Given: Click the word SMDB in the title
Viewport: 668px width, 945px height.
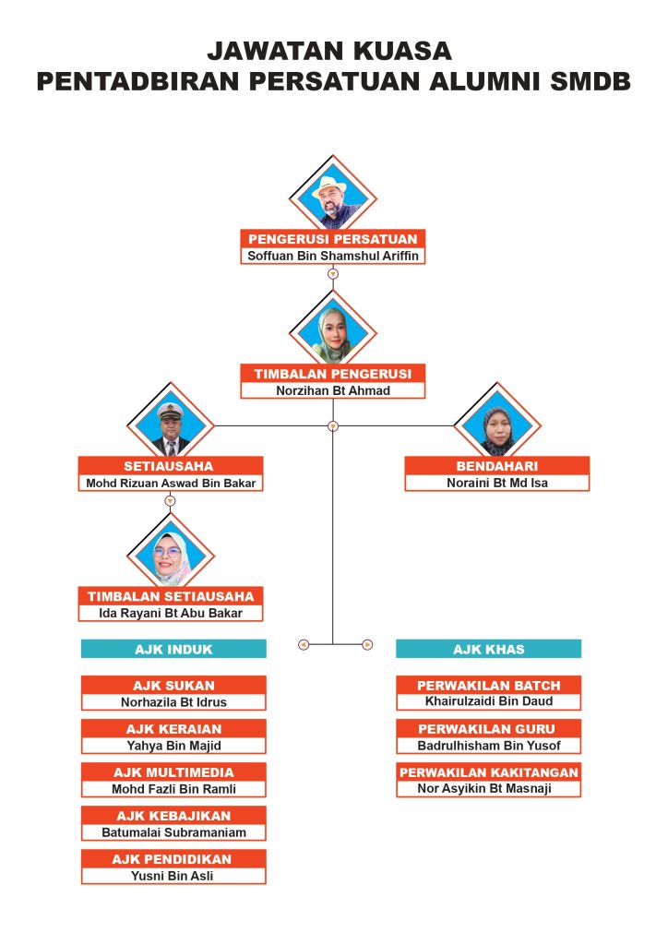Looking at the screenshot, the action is pos(590,81).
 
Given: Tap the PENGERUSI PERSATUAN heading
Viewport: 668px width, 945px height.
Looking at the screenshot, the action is pos(333,239).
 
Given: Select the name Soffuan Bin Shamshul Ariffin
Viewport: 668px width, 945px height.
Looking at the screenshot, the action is pos(333,256).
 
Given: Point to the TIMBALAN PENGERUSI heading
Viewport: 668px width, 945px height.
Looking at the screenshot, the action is pos(333,374).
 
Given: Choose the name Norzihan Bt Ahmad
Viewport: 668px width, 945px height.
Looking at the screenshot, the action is pos(333,390).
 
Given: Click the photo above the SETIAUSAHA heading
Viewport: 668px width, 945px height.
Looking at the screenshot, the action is pos(171,425).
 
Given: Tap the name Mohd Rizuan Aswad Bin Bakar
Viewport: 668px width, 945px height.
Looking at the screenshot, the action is pos(171,483).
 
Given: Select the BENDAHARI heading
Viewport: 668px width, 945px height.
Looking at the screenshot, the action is pos(497,466).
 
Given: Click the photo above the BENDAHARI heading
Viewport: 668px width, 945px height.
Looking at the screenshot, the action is pos(497,425).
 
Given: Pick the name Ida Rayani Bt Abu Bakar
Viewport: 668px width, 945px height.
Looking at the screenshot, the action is pos(171,613).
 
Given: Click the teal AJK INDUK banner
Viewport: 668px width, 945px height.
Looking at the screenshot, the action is pos(173,649).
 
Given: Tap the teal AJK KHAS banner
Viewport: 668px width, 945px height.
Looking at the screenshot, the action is pos(488,649).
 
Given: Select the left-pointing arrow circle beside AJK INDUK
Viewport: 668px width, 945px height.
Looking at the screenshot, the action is pos(304,645).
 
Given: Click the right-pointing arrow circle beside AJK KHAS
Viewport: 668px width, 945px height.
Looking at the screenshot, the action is pos(367,645).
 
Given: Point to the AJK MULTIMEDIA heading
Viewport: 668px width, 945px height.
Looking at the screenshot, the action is pos(173,772).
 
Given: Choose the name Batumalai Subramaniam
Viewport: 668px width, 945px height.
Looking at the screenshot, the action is pos(174,832).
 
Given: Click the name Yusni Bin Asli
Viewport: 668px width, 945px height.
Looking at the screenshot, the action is pos(173,876).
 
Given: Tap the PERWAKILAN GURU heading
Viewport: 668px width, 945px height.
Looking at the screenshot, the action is pos(486,729).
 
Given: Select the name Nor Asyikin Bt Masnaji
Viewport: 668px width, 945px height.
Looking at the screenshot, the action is pos(484,788).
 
